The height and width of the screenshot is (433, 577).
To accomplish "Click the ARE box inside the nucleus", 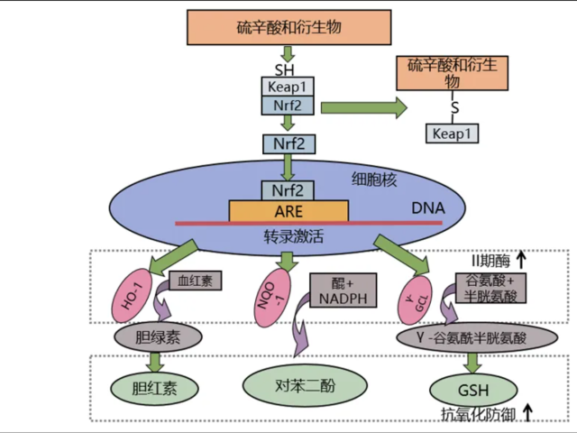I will pyautogui.click(x=288, y=211).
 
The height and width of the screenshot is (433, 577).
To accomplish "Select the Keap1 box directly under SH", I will pyautogui.click(x=288, y=87).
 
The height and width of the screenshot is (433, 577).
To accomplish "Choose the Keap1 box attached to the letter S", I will pyautogui.click(x=453, y=134).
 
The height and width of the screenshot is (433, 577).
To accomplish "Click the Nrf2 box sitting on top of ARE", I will pyautogui.click(x=288, y=190).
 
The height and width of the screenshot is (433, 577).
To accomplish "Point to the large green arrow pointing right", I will pyautogui.click(x=357, y=107).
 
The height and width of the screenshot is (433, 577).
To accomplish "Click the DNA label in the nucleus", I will pyautogui.click(x=428, y=209).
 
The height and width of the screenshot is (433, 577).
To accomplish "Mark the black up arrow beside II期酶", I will pyautogui.click(x=520, y=262).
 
